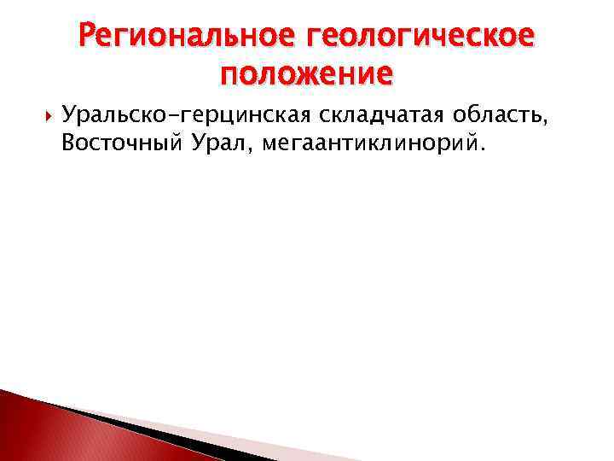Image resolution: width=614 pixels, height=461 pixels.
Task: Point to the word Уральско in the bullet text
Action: click(x=109, y=116)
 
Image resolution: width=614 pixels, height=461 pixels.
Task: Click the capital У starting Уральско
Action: click(x=68, y=116)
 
